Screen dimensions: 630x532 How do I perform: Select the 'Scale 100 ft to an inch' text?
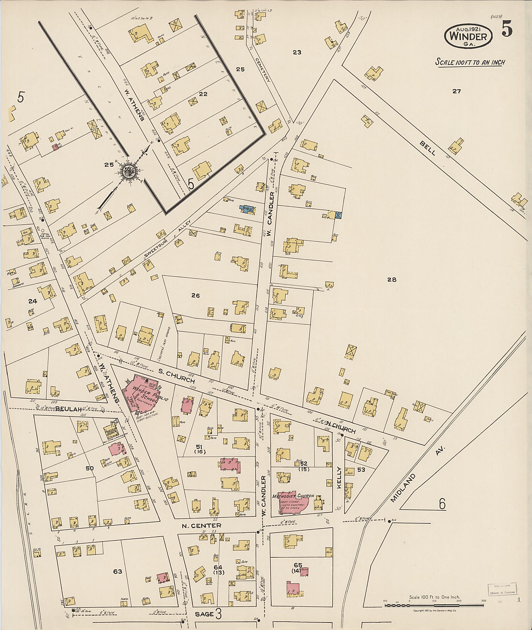(470, 62)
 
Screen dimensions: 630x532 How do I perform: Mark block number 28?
(391, 279)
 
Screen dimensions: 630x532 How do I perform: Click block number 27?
(457, 91)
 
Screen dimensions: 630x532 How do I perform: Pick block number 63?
(118, 571)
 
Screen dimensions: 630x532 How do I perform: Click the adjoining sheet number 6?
(442, 504)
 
